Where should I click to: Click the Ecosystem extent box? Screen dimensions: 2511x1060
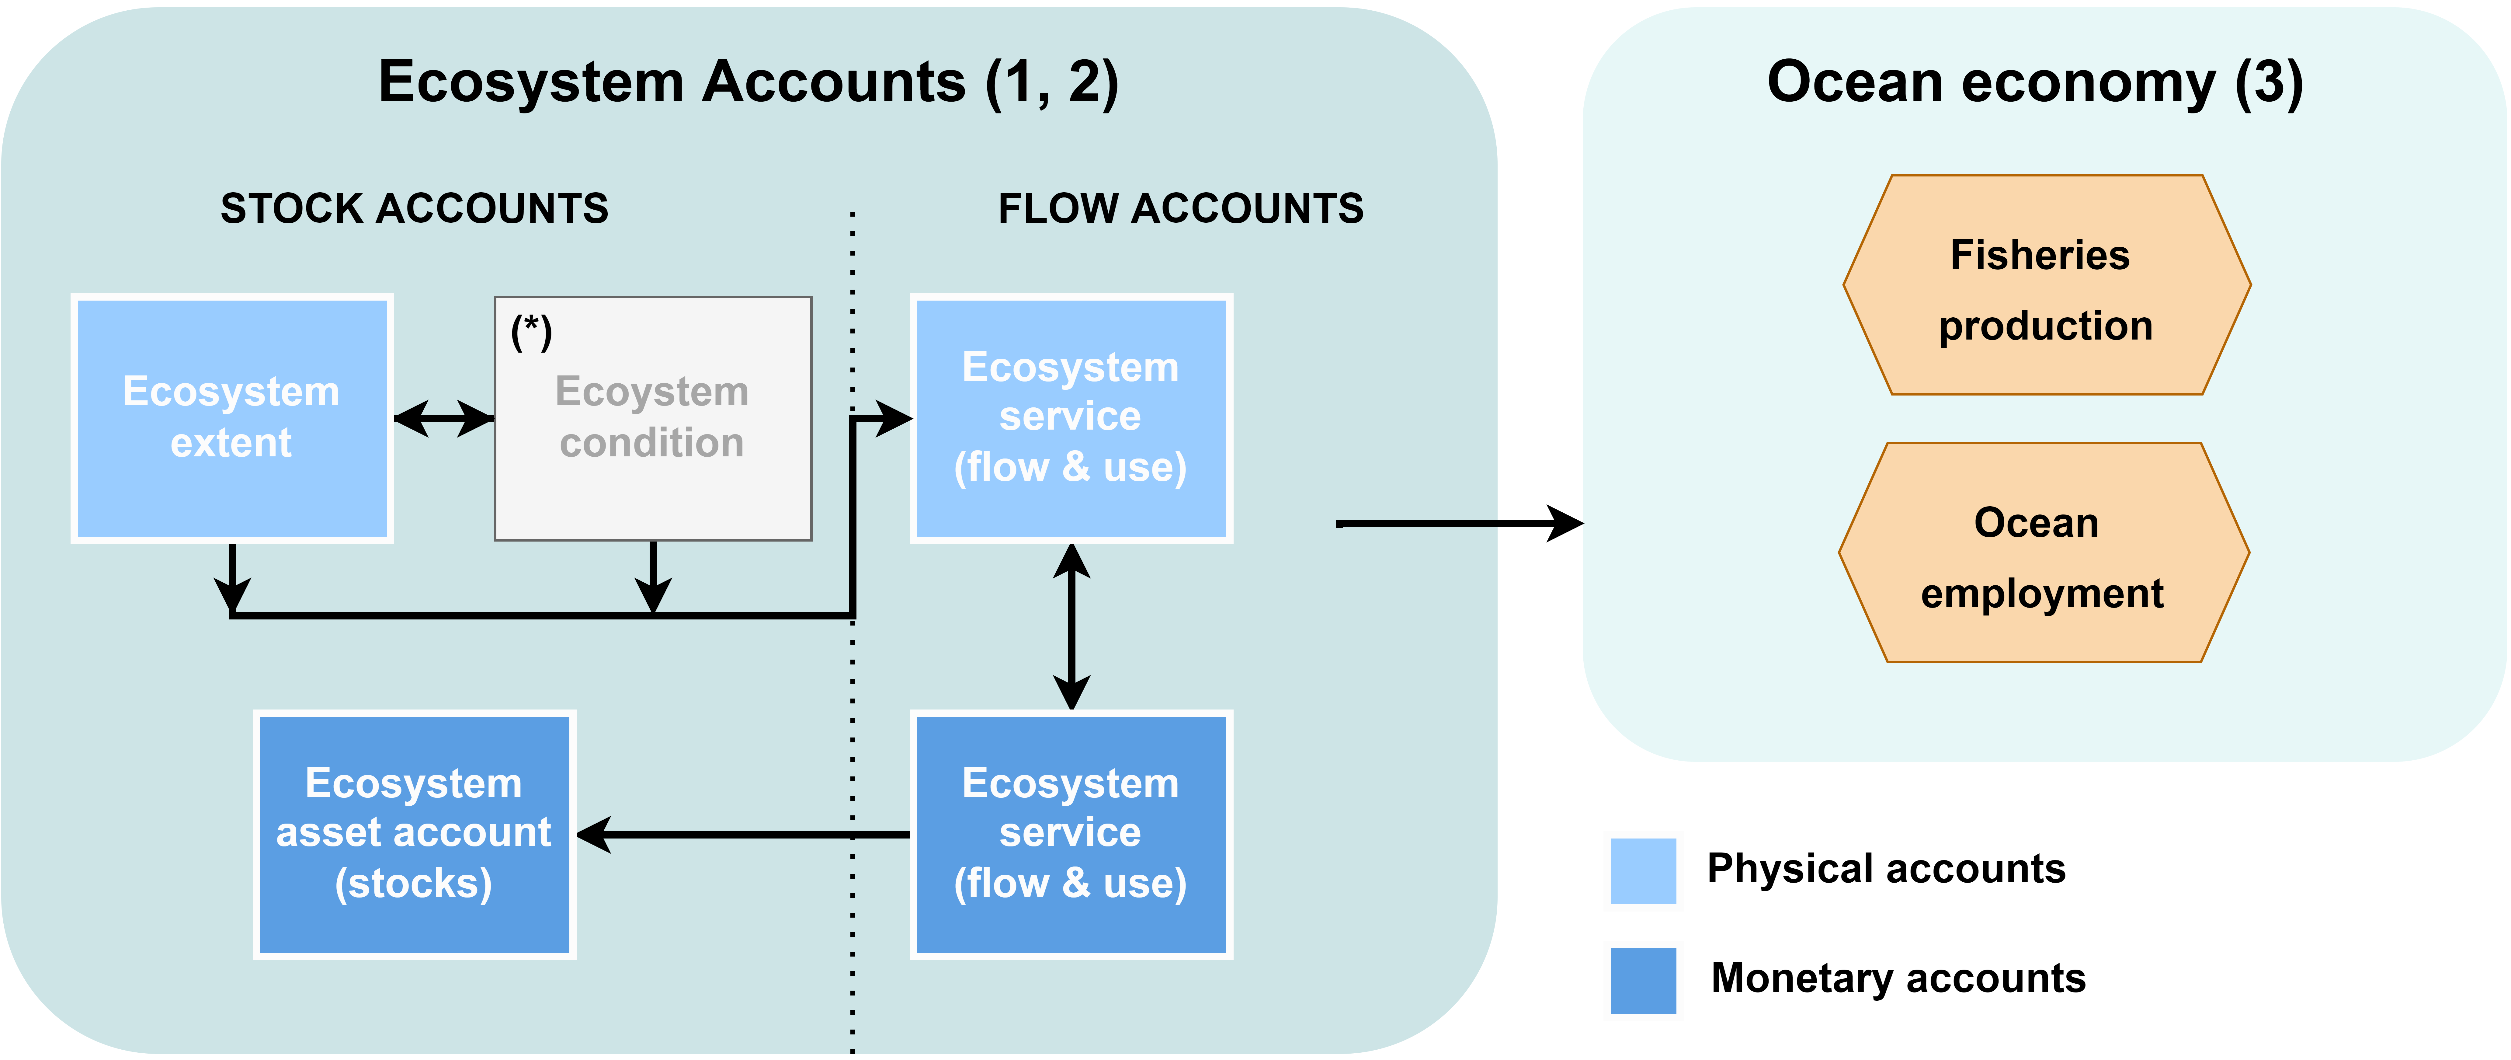coord(232,418)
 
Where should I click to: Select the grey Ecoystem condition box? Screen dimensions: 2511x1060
coord(653,418)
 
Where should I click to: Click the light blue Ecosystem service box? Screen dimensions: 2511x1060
coord(1071,418)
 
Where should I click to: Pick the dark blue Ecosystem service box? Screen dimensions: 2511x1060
coord(1071,835)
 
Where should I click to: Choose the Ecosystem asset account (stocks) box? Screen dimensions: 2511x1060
coord(414,835)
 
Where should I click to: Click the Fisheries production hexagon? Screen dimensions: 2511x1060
coord(2046,285)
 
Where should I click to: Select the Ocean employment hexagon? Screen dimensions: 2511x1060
coord(2044,553)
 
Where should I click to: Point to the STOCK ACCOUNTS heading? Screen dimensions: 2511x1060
coord(414,209)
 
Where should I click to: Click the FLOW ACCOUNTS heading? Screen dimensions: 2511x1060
coord(1180,209)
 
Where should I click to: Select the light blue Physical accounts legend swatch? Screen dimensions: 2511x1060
coord(1644,871)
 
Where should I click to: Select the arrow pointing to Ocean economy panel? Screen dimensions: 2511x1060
coord(1459,524)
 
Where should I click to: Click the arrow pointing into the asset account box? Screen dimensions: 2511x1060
coord(743,835)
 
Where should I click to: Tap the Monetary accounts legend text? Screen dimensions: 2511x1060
coord(1898,978)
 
